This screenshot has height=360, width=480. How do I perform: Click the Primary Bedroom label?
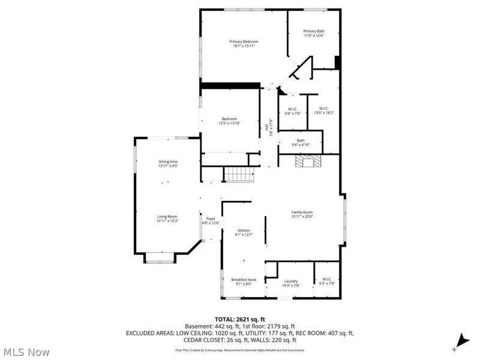pos(244,41)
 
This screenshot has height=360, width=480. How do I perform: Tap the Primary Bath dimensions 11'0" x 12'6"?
pos(314,35)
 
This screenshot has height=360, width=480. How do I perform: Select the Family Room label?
pos(302,212)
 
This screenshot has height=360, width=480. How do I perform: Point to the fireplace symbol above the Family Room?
pos(311,161)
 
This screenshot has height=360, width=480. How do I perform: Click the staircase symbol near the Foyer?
pos(239,175)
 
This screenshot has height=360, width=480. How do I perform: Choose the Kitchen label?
pos(244,230)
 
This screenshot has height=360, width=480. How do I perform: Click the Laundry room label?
pos(291,281)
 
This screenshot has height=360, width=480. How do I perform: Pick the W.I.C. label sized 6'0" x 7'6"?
pos(292,109)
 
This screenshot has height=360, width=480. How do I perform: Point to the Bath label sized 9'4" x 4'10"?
pos(301,140)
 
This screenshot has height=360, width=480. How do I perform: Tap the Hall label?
pos(266,127)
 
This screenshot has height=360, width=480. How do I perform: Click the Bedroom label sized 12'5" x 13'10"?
pos(229,119)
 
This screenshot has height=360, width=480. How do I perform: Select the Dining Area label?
pos(168,161)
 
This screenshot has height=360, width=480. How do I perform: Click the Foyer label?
pos(211,218)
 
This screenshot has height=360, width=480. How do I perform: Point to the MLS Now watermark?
pos(26,352)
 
